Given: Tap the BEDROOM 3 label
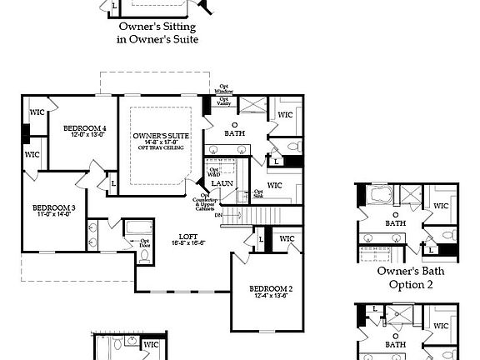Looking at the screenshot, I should (x=54, y=207).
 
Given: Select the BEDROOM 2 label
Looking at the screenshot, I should (x=271, y=290).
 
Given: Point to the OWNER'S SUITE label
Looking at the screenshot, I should (x=161, y=136).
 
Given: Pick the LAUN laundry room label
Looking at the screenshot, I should (x=221, y=183).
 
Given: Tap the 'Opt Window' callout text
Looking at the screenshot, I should (x=224, y=88).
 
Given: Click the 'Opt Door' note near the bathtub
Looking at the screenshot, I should (x=122, y=242).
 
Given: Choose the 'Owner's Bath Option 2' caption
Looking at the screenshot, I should (x=411, y=277).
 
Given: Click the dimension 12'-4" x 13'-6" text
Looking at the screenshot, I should (x=271, y=297).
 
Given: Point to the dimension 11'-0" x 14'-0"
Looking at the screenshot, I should (x=54, y=215).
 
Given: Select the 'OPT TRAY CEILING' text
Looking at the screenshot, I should (x=161, y=149).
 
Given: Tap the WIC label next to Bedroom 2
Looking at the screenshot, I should (x=287, y=239).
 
